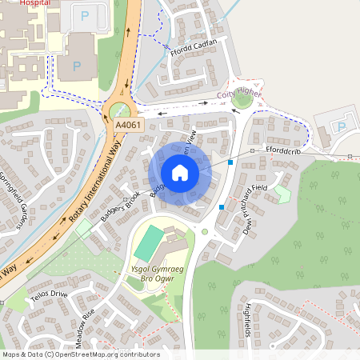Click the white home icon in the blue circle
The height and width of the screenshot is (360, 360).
coord(180,173)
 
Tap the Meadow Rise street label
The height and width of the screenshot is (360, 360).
coord(85,328)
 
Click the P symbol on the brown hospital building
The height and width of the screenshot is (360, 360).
coord(77,66)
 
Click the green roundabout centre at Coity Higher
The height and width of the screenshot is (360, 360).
coord(242,100)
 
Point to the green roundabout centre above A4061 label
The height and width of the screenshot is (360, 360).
coord(120,110)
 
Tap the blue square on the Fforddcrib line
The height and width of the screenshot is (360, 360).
coord(230,162)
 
